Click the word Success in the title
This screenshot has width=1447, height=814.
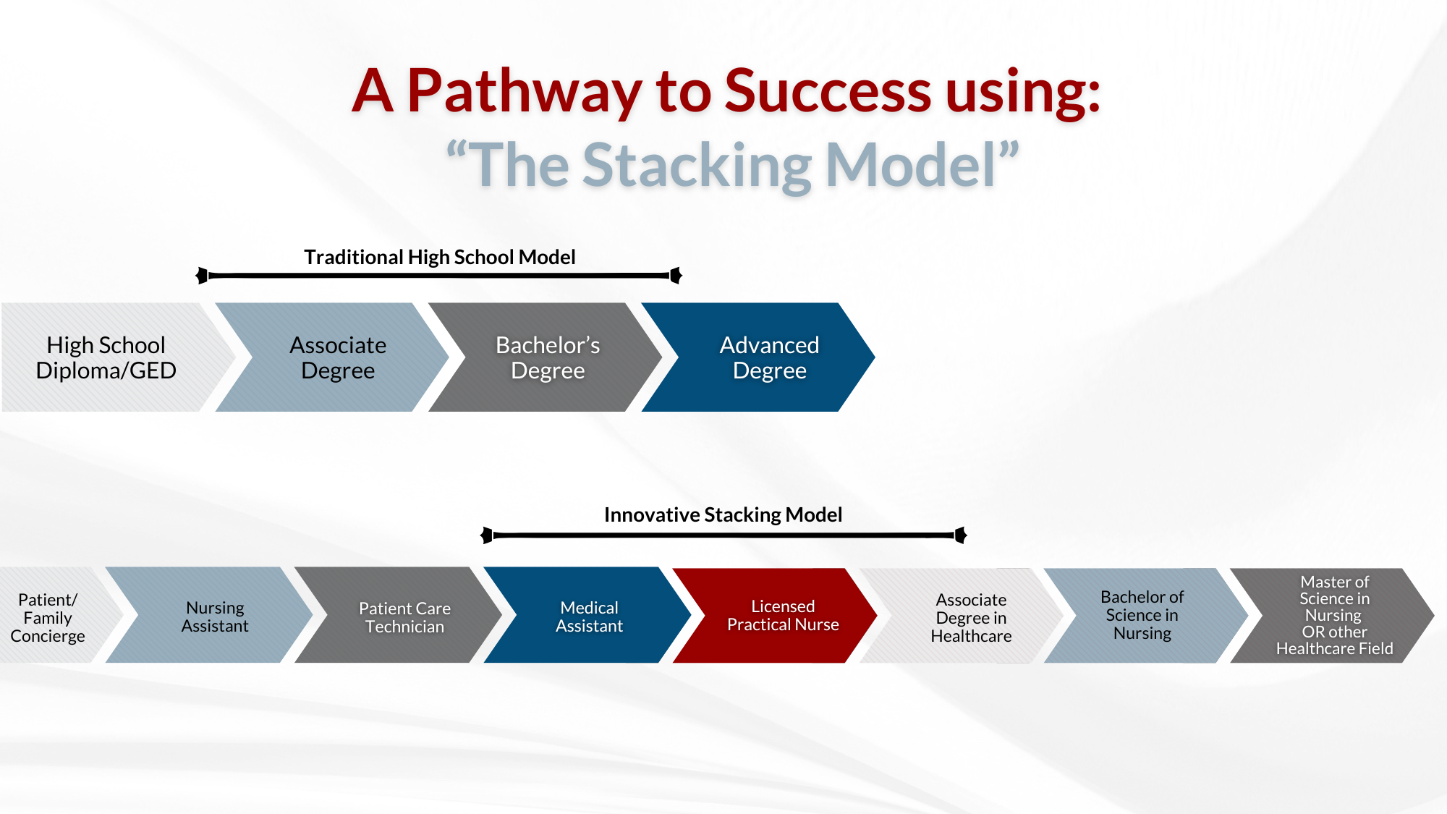coord(827,91)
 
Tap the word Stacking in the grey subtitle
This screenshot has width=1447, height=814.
coord(697,166)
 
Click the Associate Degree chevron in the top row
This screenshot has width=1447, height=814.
coord(332,357)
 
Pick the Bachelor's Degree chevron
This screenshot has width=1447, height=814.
coord(545,357)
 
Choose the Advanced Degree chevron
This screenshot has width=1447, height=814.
coord(758,357)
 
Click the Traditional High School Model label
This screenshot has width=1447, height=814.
coord(440,257)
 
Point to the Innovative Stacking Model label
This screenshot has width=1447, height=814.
coord(723,514)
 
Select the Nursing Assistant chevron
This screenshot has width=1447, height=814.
coord(209,615)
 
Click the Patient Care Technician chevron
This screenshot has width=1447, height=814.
coord(398,615)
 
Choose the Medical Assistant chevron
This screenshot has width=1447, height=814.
coord(587,615)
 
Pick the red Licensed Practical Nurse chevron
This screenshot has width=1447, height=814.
coord(775,615)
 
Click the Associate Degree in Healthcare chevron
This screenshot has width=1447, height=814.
coord(962,616)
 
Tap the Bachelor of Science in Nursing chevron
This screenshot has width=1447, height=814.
coord(1146,616)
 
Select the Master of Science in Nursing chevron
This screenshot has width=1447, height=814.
coord(1332,616)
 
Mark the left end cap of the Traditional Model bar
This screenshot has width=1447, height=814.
coord(202,276)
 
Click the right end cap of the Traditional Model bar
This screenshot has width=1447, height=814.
coord(676,276)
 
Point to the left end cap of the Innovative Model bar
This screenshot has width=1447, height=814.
coord(487,535)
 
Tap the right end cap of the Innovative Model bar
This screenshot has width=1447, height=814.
coord(961,535)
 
